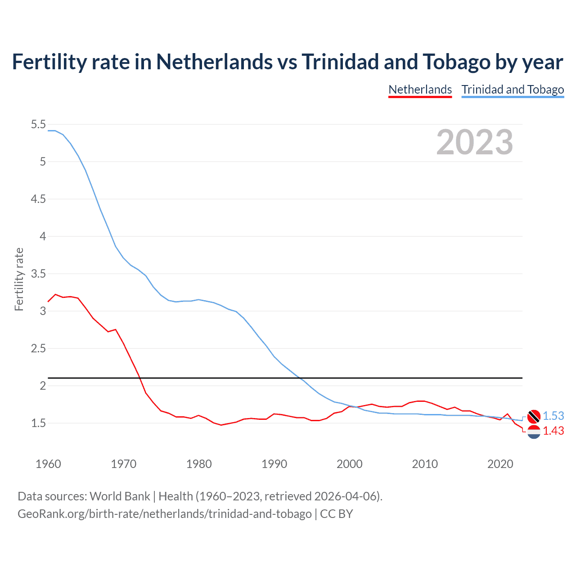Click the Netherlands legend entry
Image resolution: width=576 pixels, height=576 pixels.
pyautogui.click(x=420, y=90)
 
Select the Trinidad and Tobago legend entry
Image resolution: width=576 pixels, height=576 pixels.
pyautogui.click(x=513, y=90)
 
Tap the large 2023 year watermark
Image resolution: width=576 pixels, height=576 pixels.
pyautogui.click(x=474, y=142)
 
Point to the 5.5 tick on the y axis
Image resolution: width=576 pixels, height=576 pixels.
pyautogui.click(x=38, y=124)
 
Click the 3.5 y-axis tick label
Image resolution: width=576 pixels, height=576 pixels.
pyautogui.click(x=38, y=274)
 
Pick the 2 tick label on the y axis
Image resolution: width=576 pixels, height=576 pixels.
pyautogui.click(x=43, y=386)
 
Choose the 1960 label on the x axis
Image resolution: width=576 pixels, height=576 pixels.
pyautogui.click(x=48, y=464)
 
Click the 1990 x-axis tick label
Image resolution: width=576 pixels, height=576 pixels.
pyautogui.click(x=274, y=464)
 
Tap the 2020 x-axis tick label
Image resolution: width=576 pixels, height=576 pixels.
pyautogui.click(x=500, y=464)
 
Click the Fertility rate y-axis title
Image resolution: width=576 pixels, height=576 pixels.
pyautogui.click(x=19, y=279)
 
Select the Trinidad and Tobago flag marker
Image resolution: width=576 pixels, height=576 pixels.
pyautogui.click(x=534, y=416)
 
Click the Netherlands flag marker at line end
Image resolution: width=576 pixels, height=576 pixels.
pyautogui.click(x=534, y=432)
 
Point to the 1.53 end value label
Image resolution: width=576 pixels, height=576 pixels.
pyautogui.click(x=553, y=416)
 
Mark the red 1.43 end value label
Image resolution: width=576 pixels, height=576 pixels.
pyautogui.click(x=553, y=431)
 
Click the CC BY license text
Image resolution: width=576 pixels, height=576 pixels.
pyautogui.click(x=337, y=514)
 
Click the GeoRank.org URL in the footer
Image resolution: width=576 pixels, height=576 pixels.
pyautogui.click(x=164, y=514)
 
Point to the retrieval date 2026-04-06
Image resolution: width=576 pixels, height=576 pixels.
pyautogui.click(x=345, y=496)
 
